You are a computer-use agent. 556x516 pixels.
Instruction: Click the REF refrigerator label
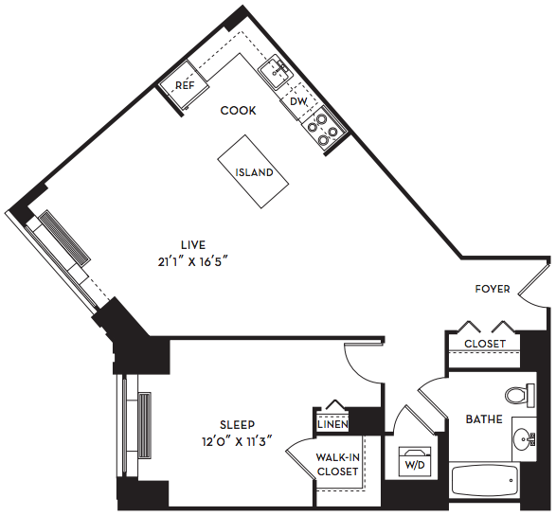[185, 85]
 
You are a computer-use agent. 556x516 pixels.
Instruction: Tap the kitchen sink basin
[277, 73]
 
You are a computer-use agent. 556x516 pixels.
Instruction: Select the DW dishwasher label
[298, 101]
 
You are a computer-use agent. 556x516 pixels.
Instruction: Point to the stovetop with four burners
[324, 129]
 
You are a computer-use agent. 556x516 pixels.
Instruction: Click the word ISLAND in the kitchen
[254, 172]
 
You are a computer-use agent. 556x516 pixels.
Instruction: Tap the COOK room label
[238, 111]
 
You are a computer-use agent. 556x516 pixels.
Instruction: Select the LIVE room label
[193, 245]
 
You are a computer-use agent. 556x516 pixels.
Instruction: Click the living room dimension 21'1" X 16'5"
[192, 262]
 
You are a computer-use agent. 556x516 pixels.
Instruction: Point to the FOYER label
[493, 289]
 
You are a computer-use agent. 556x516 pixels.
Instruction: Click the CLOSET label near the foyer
[485, 344]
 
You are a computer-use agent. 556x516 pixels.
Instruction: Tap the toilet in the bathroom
[520, 395]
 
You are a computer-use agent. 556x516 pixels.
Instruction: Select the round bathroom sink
[524, 438]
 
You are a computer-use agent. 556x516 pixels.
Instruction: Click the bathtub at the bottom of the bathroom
[485, 482]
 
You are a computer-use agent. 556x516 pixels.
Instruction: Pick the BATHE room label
[484, 419]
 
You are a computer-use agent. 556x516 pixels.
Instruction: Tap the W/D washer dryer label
[415, 465]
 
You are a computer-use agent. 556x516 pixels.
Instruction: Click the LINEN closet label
[332, 424]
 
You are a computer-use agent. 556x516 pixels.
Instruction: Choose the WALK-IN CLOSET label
[338, 465]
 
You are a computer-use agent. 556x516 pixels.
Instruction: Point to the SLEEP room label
[237, 424]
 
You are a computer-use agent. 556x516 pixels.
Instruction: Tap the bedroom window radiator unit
[144, 426]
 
